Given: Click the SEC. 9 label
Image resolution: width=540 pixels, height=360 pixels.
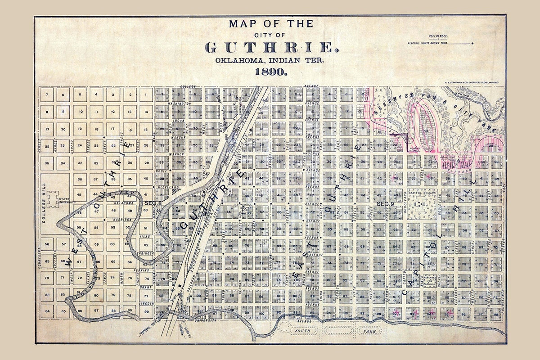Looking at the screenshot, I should tap(385, 204).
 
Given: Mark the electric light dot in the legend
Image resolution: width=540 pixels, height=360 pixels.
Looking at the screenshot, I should tap(472, 43).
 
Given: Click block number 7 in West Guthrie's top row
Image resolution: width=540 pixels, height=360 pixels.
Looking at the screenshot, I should tap(47, 95).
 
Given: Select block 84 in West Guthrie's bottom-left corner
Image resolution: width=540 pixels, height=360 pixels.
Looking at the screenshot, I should tap(47, 310).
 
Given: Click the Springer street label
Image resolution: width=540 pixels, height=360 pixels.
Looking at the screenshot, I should tap(147, 253).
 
